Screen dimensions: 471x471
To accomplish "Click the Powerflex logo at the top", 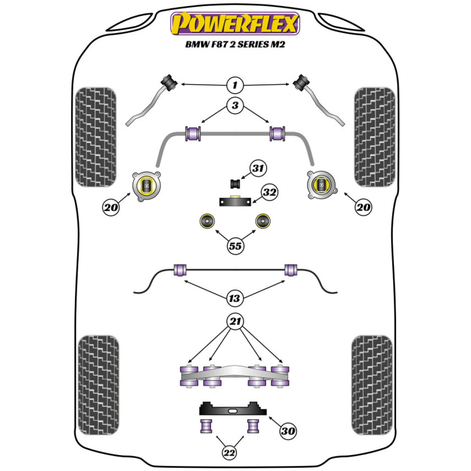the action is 235,24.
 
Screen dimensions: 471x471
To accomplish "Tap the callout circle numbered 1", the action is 235,85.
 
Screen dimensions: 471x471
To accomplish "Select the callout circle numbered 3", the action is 235,105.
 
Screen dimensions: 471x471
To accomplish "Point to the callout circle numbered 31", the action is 258,169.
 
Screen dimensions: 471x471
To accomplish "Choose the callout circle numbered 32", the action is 269,192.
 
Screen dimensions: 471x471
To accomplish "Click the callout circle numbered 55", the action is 235,246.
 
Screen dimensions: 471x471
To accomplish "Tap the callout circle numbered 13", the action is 235,298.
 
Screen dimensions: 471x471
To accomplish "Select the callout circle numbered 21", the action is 235,321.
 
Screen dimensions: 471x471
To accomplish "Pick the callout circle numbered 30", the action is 288,431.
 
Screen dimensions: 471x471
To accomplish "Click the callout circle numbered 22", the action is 229,453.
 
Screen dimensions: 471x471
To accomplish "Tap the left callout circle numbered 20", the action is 111,207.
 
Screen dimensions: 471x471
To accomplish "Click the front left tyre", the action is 96,137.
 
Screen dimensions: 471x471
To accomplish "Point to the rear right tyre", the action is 372,385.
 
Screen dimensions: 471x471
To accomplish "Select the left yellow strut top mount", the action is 146,187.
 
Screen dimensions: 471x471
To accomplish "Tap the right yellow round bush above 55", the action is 263,221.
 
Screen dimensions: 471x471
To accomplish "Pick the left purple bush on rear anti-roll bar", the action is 180,270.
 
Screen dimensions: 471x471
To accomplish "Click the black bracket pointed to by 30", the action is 233,408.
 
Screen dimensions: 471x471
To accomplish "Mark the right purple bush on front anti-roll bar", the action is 277,134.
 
